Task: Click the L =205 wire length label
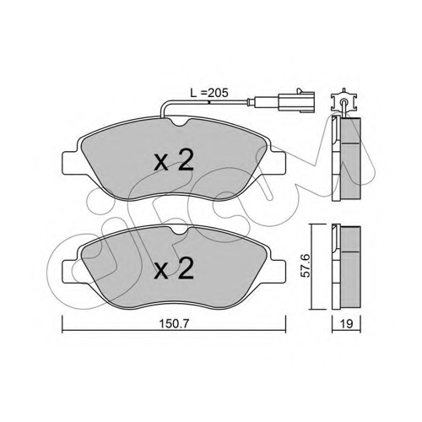pos(209,93)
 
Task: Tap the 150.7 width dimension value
pos(174,324)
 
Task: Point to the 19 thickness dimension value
pos(346,324)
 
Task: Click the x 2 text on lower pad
pos(174,268)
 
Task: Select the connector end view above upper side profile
pos(344,100)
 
